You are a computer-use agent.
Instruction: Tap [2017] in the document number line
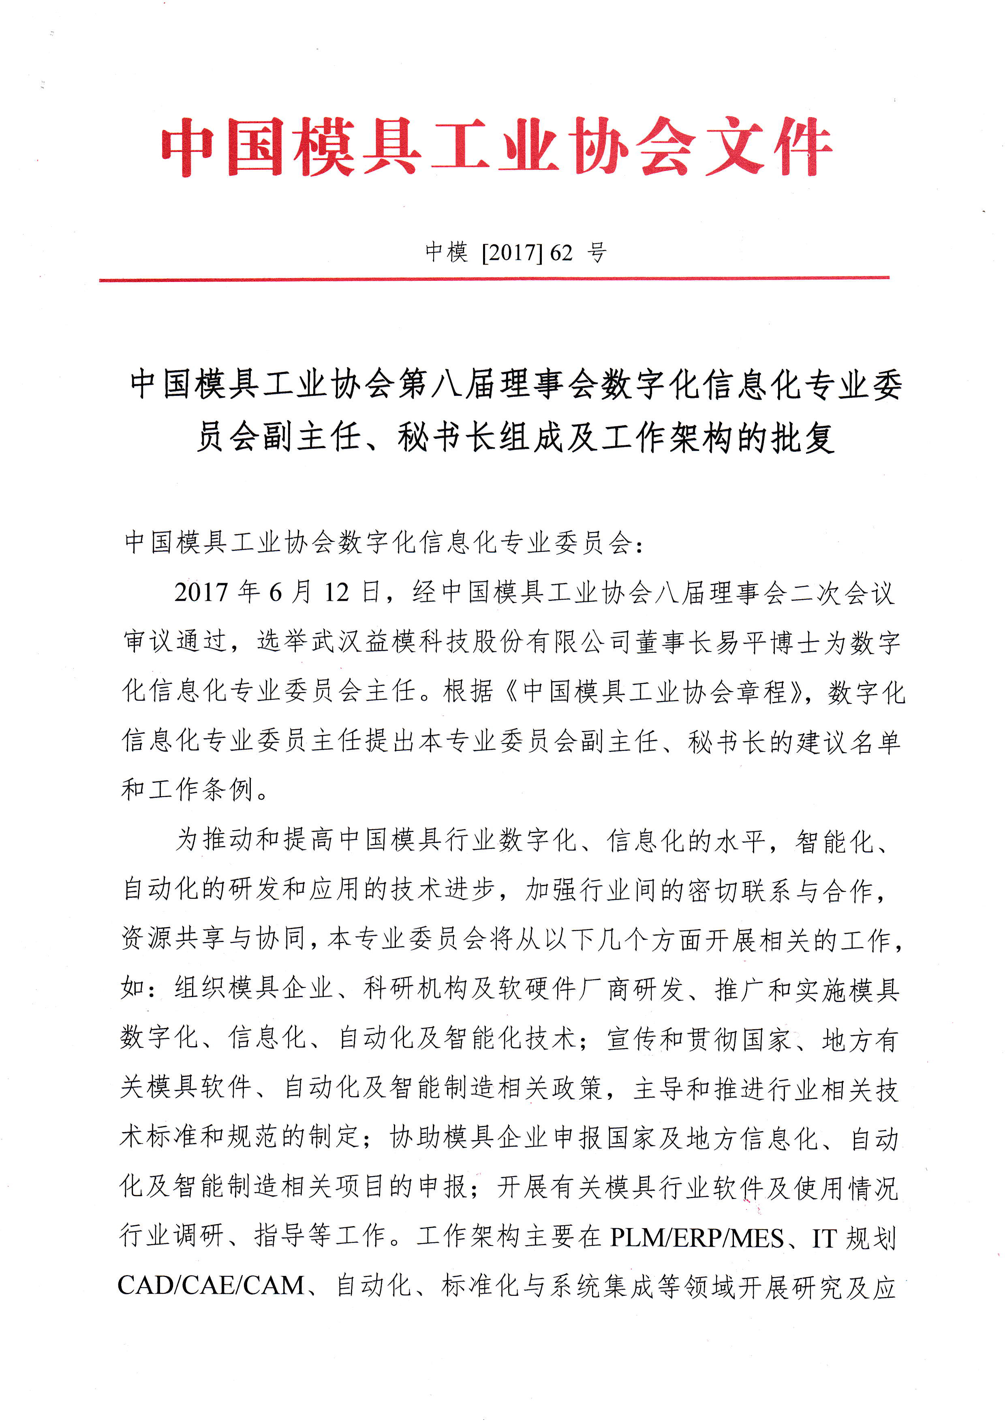coord(512,252)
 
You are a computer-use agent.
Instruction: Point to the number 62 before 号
coord(561,252)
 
